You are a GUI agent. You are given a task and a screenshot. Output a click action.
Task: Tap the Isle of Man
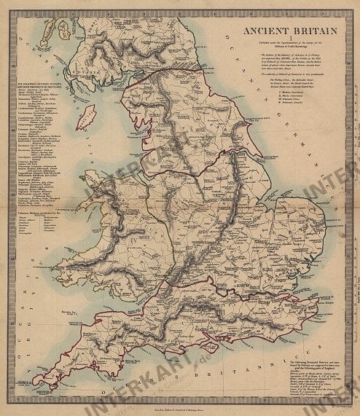(x=86, y=116)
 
